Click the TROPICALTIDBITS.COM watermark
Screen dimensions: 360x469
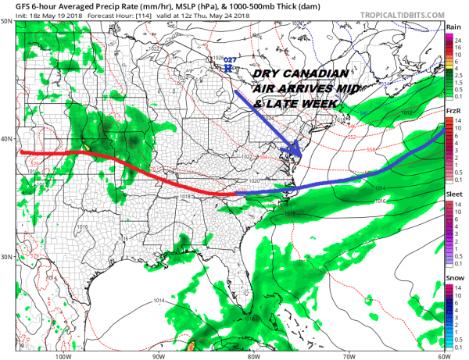pos(398,14)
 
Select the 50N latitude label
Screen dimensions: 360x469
pos(5,21)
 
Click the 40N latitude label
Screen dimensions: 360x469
pos(5,139)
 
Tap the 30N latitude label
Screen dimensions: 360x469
pos(5,257)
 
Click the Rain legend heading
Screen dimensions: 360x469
pos(453,27)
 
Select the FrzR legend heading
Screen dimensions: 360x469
pos(453,112)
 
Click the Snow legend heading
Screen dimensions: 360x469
pos(453,276)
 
